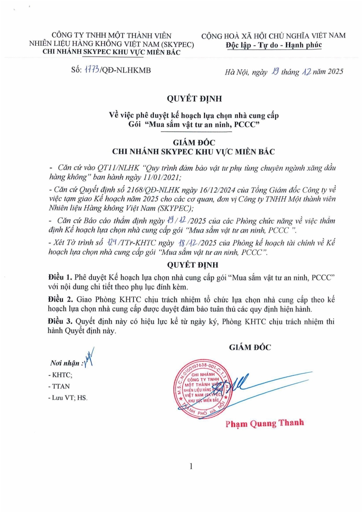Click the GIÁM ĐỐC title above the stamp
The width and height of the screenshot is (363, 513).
coord(250,347)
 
